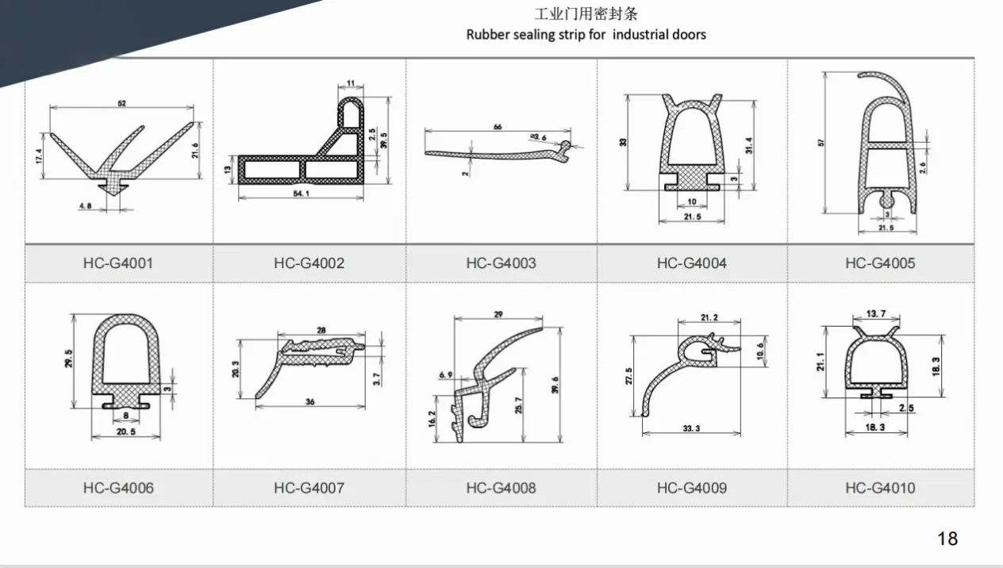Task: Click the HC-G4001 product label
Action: (x=117, y=263)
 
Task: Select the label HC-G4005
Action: (x=879, y=263)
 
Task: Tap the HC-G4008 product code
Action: (x=501, y=488)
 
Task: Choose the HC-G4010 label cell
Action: (x=879, y=488)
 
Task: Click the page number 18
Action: (x=947, y=539)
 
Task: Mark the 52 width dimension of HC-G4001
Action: (x=121, y=103)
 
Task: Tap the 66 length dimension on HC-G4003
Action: (x=498, y=127)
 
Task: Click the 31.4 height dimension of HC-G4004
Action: (x=749, y=145)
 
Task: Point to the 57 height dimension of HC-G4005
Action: (x=822, y=143)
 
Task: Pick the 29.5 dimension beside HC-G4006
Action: (x=69, y=358)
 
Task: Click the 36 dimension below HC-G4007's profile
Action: (x=309, y=402)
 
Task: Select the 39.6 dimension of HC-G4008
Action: (x=555, y=384)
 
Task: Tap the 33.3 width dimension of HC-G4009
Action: (x=690, y=428)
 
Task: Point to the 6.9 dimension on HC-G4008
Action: (x=444, y=374)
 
